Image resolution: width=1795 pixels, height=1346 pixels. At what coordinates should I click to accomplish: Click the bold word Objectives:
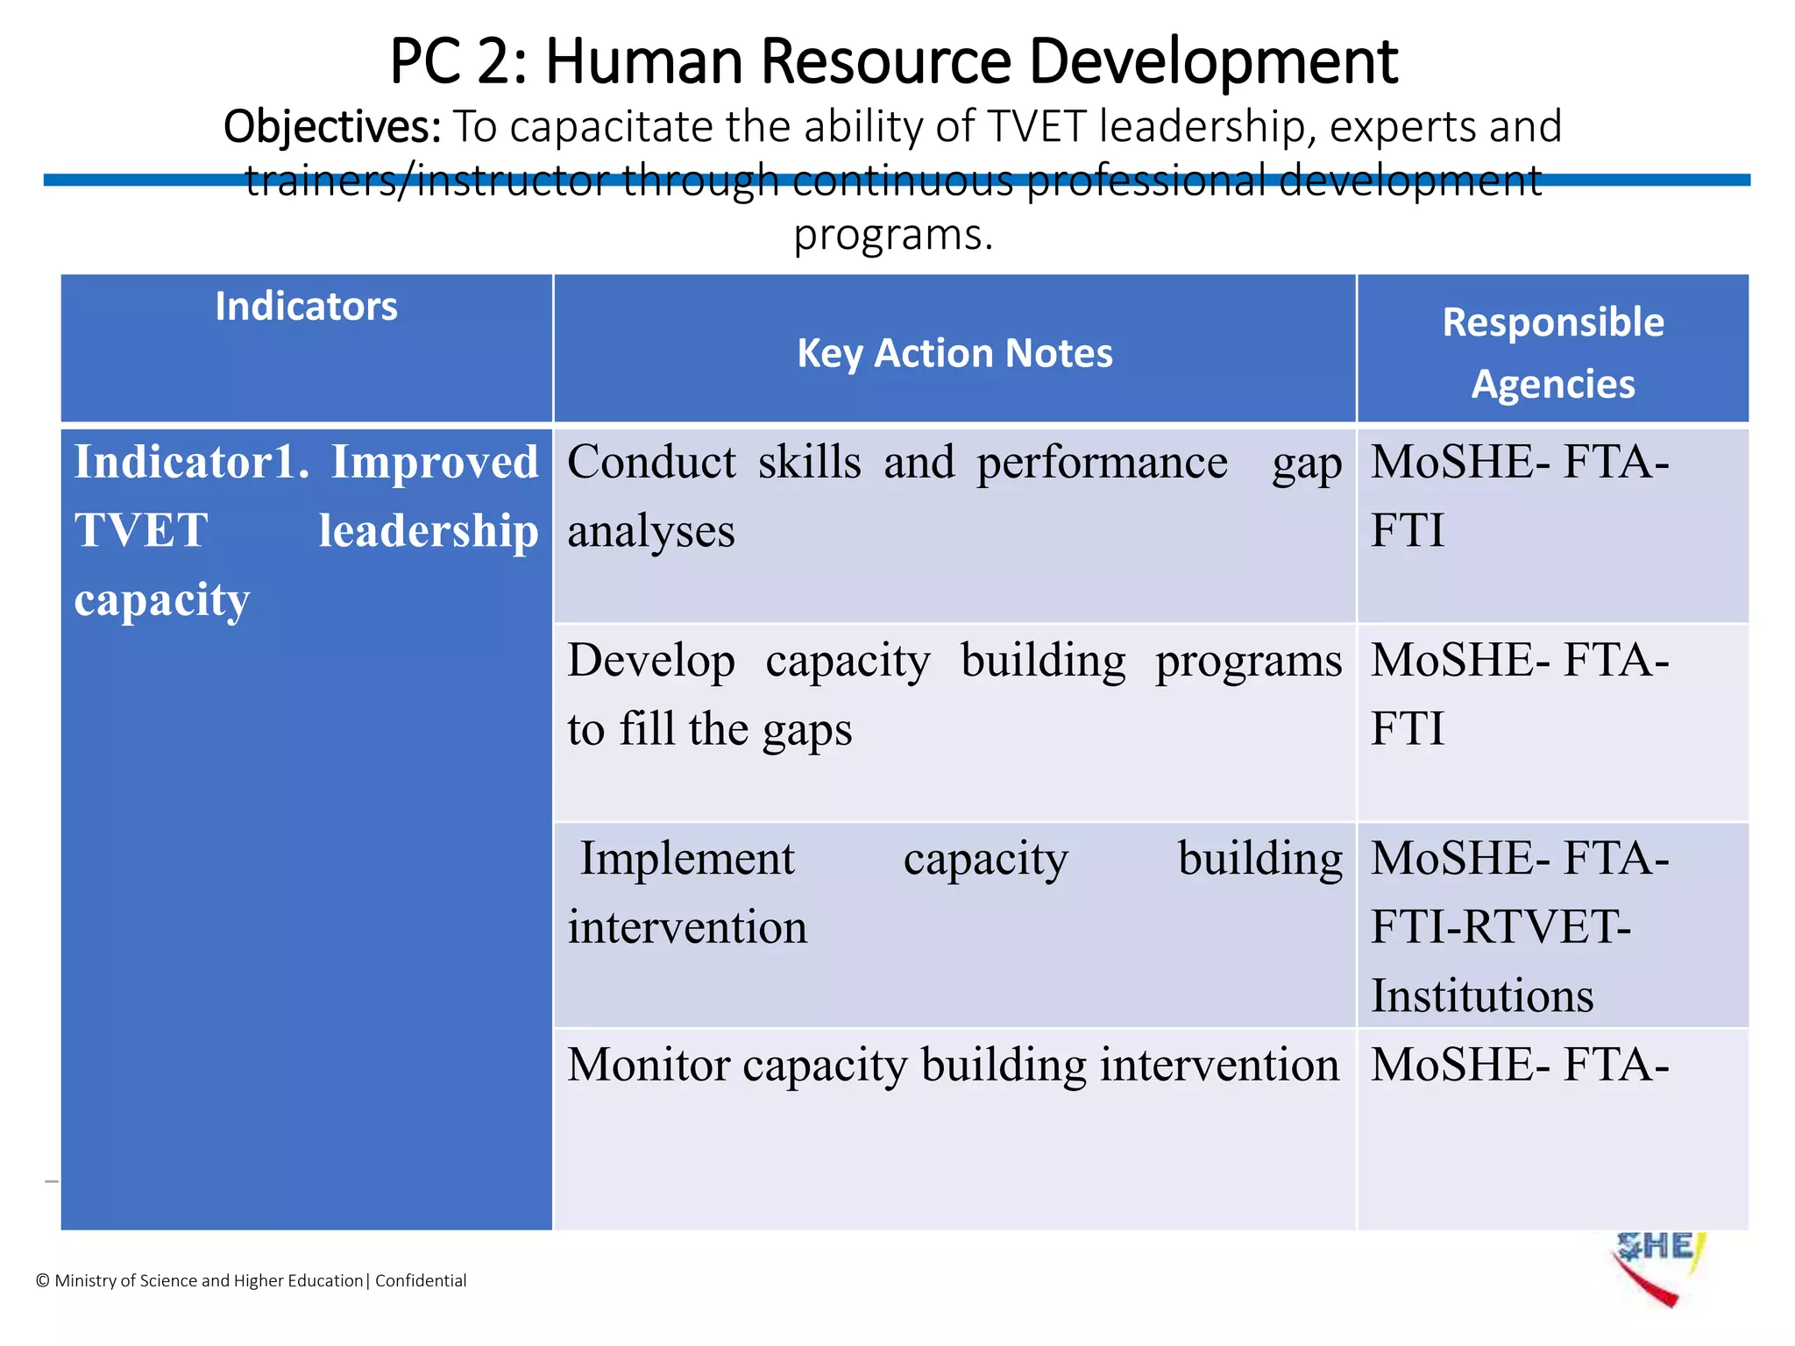click(x=332, y=127)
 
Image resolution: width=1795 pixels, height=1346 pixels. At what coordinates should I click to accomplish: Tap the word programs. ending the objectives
click(x=893, y=235)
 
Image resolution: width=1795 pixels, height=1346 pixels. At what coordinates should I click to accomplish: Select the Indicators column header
click(x=306, y=307)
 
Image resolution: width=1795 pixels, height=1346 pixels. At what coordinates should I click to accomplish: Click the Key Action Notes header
click(x=954, y=353)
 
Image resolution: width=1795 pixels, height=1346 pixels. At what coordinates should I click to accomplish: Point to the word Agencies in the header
click(x=1552, y=384)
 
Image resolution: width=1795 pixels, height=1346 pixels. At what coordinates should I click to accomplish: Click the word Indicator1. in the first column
click(x=191, y=462)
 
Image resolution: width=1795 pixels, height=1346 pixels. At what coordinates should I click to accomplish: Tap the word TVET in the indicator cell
click(x=141, y=530)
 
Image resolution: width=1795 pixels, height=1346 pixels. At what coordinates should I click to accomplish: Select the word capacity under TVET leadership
click(x=162, y=600)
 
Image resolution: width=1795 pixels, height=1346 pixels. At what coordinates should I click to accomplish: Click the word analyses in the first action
click(x=650, y=532)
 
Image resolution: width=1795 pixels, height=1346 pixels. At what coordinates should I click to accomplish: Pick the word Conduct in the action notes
click(x=651, y=462)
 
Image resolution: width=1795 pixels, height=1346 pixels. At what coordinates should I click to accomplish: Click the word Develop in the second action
click(x=650, y=661)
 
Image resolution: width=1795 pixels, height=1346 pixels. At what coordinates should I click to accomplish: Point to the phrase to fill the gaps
click(x=709, y=729)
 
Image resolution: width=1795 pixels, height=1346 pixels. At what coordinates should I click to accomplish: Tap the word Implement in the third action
click(x=687, y=858)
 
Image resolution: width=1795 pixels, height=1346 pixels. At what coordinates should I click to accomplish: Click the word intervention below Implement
click(x=687, y=927)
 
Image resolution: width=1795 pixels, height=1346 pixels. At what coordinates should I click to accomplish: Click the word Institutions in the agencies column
click(x=1481, y=996)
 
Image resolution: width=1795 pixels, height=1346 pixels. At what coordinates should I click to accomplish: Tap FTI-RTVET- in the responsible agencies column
click(x=1500, y=927)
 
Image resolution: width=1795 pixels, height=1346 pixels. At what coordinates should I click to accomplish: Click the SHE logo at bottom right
click(x=1656, y=1266)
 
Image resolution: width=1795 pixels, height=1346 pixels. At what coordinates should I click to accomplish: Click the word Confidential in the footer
click(x=421, y=1280)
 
